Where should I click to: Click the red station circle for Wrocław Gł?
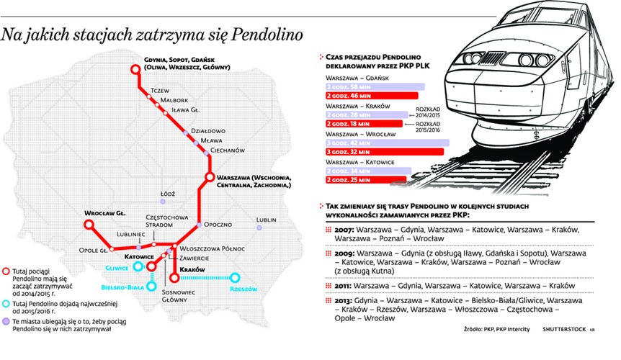(90, 225)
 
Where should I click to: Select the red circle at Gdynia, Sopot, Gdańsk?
(135, 69)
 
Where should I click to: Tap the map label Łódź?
(168, 194)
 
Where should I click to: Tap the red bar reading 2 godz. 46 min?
(372, 95)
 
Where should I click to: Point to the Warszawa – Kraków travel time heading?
(358, 106)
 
